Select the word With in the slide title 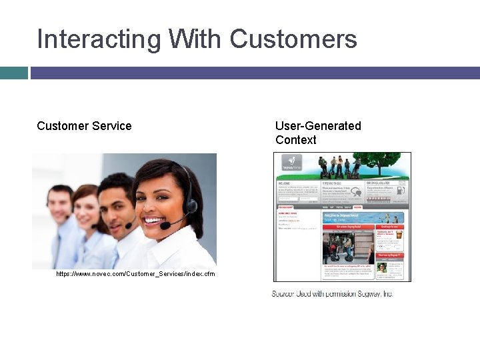click(196, 39)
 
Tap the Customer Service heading click(84, 126)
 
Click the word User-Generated click(318, 126)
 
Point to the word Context click(295, 140)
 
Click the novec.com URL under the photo click(135, 274)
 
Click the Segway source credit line click(332, 294)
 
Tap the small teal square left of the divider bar click(13, 73)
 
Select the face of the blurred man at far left click(59, 203)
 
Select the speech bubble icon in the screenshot click(357, 193)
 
